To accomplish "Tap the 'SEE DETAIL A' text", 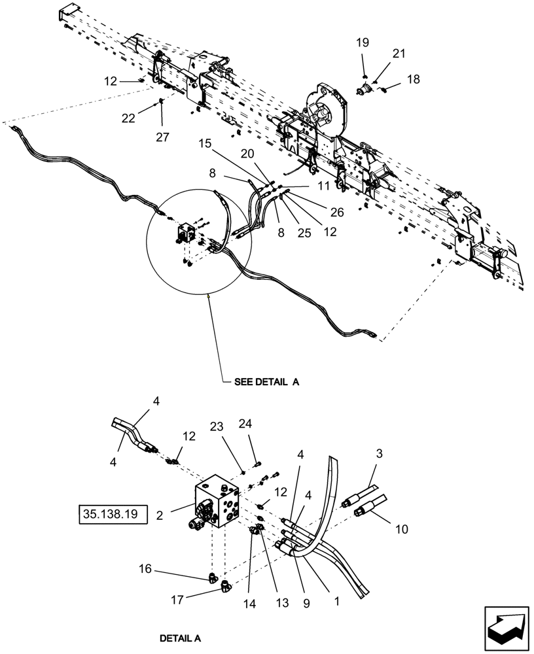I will click(x=266, y=383).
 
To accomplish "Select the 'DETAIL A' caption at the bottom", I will click(x=180, y=637).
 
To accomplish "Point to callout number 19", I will click(x=362, y=43).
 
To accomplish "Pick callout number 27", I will click(x=162, y=137).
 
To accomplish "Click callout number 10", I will click(x=402, y=528).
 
